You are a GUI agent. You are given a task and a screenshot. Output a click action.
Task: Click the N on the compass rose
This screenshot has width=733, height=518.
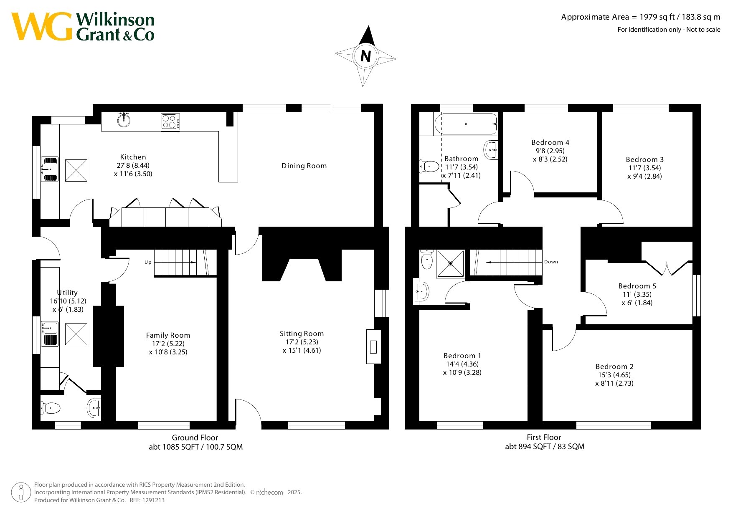[x=365, y=56]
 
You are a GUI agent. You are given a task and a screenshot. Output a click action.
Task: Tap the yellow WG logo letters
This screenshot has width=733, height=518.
[x=42, y=27]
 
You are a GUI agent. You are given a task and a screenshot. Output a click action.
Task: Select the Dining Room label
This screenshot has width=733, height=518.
[x=304, y=166]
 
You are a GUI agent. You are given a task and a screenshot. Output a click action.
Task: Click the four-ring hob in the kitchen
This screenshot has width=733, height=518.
[x=170, y=122]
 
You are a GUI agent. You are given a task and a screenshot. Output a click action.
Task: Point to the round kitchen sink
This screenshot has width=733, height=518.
[x=124, y=120]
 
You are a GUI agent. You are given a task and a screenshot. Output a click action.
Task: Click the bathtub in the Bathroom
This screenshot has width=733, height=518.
[x=466, y=124]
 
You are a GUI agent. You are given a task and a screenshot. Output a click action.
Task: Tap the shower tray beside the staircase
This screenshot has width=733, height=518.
[x=451, y=264]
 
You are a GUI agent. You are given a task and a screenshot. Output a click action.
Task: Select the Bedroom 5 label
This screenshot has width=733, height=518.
[x=637, y=286]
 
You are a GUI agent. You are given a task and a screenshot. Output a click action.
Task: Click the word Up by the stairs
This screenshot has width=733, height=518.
[x=148, y=262]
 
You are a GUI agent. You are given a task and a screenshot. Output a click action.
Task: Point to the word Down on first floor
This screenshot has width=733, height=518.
[x=551, y=262]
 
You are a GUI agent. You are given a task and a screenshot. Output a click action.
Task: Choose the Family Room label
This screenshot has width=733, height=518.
[x=168, y=335]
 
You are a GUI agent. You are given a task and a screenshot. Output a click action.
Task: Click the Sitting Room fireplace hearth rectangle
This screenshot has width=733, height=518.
[x=373, y=346]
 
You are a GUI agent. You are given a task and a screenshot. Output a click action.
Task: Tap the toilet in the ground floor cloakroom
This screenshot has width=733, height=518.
[x=51, y=408]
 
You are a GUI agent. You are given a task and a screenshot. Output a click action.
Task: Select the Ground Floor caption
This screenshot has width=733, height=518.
[x=195, y=437]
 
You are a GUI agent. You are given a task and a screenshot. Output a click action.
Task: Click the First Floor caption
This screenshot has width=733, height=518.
[x=544, y=437]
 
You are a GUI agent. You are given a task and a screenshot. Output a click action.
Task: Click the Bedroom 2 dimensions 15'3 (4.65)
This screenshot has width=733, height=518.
[x=614, y=375]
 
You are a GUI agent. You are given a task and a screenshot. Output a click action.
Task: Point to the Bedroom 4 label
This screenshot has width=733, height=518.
[x=550, y=142]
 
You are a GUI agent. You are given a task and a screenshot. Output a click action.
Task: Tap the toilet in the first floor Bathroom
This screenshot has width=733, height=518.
[x=429, y=166]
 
